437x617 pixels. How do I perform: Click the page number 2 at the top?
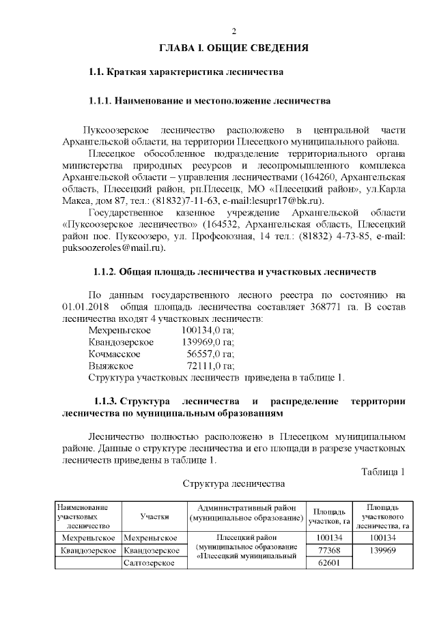[x=234, y=32]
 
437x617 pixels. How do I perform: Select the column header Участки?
[x=154, y=517]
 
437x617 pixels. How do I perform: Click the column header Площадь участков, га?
[x=329, y=517]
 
